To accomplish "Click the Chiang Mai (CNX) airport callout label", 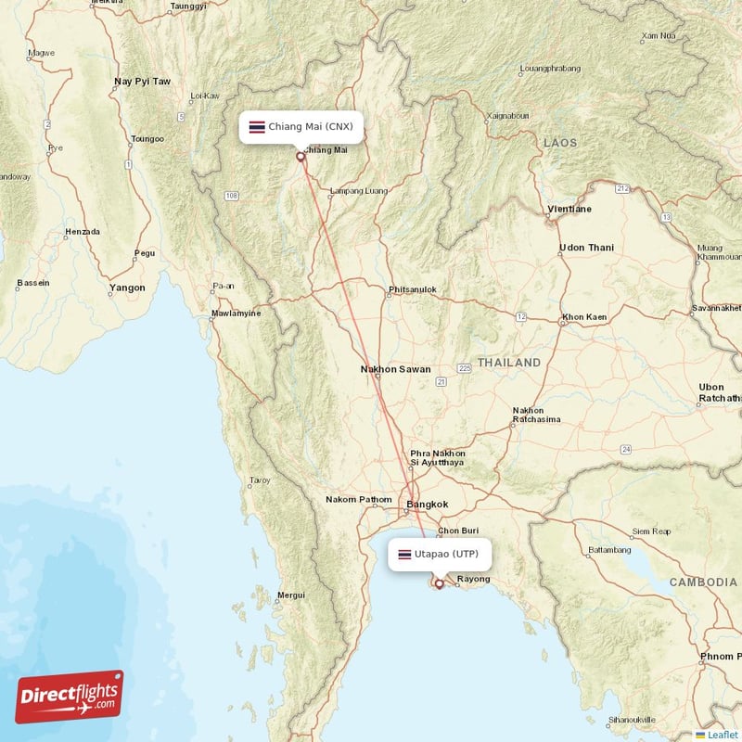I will point(300,126).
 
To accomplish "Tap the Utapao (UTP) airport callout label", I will point(439,555).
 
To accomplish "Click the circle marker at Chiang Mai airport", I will point(300,157).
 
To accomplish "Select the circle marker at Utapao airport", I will point(439,584).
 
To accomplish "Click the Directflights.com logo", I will point(70,697).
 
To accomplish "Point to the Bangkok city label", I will point(428,505).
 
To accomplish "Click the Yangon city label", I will point(127,288).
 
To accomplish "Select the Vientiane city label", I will point(570,210).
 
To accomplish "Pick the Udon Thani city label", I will point(586,248).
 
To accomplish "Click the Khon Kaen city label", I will point(583,317).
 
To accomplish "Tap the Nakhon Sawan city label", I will point(395,369).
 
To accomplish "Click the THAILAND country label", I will point(508,362).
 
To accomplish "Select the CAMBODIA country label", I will point(703,582).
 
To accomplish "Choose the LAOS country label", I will point(560,143).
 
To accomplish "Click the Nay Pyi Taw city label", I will point(142,82).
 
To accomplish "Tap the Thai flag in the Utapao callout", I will point(404,555).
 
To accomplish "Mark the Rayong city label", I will point(473,580).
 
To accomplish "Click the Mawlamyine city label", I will point(237,313).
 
